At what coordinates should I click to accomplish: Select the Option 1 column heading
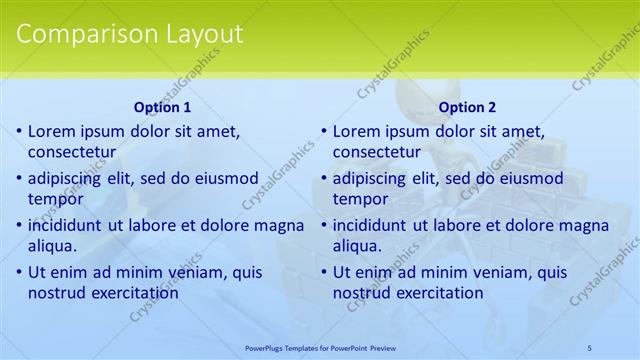(162, 107)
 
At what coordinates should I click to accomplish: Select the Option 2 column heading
(467, 107)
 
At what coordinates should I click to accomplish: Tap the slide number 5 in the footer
(590, 347)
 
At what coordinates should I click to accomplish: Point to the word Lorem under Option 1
(51, 131)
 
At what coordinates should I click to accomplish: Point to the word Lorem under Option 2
(356, 131)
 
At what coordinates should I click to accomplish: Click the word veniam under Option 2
(484, 271)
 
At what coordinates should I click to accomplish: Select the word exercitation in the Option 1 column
(134, 293)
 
